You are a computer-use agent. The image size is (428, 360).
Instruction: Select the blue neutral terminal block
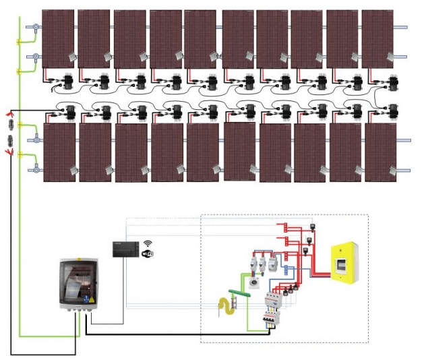coord(286,270)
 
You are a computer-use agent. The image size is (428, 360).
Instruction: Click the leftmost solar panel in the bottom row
coord(59,152)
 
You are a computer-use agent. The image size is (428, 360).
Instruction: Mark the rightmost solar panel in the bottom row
coord(381,152)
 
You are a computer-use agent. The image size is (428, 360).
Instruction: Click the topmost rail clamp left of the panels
coord(32,27)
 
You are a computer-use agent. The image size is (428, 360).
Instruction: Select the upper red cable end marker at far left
coord(10,114)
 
